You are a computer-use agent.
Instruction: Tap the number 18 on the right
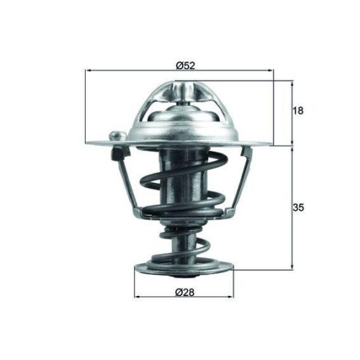[x=299, y=111]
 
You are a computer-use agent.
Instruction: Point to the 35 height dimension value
[x=299, y=207]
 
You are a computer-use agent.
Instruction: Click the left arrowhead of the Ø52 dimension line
[x=89, y=71]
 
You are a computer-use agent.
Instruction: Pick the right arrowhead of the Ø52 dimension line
[x=271, y=71]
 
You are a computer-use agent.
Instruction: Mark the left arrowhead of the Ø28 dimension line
[x=138, y=297]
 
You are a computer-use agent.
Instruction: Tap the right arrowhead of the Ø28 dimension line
[x=231, y=297]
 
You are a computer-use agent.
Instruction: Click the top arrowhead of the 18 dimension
[x=292, y=84]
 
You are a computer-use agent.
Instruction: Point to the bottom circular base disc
[x=184, y=270]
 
